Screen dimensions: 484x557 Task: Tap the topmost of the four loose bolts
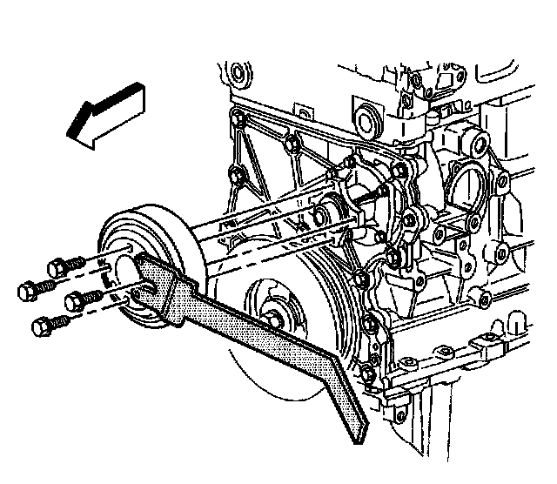click(x=64, y=264)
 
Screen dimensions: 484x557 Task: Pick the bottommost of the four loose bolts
click(x=47, y=326)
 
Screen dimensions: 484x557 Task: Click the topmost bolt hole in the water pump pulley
click(x=131, y=249)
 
